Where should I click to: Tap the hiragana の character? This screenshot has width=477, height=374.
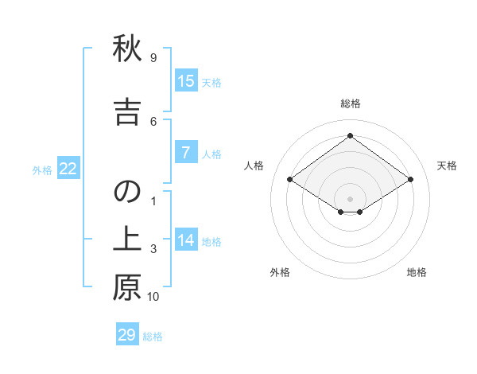127,192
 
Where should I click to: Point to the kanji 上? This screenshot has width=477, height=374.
127,240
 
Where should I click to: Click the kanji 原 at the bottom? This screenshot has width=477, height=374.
127,287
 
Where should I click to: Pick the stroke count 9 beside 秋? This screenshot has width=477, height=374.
153,58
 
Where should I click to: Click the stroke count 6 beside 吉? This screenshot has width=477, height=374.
153,121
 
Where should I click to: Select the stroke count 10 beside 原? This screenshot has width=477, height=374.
153,297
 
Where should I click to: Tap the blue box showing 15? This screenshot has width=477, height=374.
186,81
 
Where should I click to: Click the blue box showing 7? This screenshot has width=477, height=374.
186,153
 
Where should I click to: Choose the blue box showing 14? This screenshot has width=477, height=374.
186,240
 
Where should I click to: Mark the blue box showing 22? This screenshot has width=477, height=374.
68,169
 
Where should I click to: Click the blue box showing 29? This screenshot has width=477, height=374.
127,335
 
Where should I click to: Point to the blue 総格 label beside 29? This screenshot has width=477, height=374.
153,337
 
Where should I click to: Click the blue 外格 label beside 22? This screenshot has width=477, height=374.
42,169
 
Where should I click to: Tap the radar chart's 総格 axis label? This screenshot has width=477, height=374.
350,103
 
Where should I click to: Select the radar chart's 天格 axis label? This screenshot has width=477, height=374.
447,166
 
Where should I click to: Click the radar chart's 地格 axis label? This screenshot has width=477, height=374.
417,272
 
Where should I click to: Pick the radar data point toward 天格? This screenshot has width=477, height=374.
410,180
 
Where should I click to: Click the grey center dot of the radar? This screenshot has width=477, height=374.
350,197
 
